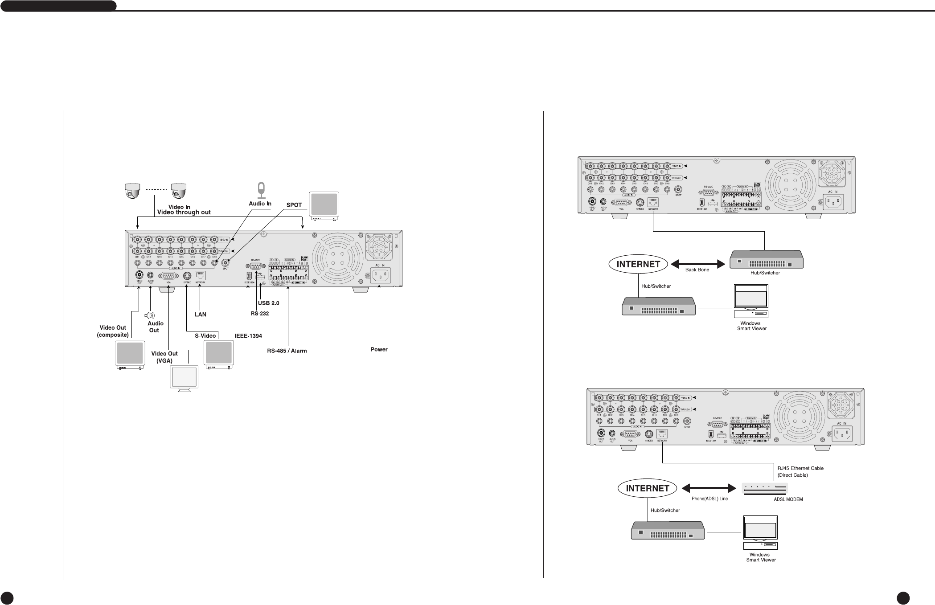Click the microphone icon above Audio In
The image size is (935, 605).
[261, 190]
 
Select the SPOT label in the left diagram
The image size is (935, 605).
[294, 205]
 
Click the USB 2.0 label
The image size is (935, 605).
[269, 303]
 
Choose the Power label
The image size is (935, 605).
[379, 349]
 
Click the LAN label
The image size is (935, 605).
[201, 314]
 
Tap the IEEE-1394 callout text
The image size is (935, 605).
[248, 335]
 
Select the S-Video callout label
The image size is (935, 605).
[205, 335]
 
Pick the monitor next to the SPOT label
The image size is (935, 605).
[324, 205]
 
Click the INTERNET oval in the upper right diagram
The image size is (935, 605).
[638, 264]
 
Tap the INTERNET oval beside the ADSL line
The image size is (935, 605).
[647, 488]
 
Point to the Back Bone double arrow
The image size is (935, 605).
[697, 264]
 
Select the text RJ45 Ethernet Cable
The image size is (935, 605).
[800, 468]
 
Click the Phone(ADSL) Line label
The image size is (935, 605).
[709, 499]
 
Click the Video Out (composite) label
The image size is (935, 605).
[113, 331]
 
